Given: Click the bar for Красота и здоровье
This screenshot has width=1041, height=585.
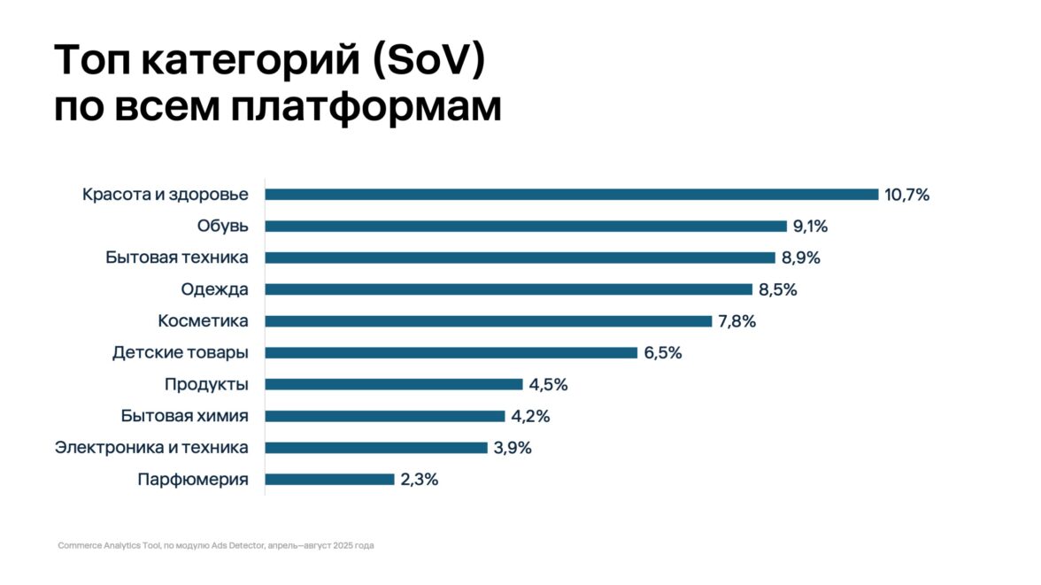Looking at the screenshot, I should coord(571,195).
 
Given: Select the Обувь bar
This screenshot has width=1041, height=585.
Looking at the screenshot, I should coord(526,227).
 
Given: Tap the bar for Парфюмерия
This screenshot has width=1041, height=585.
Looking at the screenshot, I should coord(329,480).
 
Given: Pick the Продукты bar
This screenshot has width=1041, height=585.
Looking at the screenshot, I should coord(394,385).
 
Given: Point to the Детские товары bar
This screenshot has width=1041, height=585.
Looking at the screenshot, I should coord(451,353).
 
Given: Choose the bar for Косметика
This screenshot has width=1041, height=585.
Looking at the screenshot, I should coord(488,321).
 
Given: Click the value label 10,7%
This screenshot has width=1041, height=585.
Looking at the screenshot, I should coord(906,195).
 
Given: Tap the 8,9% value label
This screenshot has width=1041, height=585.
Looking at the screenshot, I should coord(800,258).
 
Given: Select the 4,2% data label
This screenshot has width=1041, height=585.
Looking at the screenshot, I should coord(530,417).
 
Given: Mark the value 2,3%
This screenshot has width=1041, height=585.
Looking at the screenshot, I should coord(420,480).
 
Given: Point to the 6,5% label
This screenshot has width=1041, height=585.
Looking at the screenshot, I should coord(662,353).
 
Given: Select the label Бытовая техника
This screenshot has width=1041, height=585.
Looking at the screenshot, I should coord(177,258).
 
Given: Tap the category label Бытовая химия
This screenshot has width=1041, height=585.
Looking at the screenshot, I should coord(184,417).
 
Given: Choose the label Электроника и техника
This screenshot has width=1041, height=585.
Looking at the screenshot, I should coord(151,448).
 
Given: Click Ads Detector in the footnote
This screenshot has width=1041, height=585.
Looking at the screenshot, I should coord(239,546).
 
